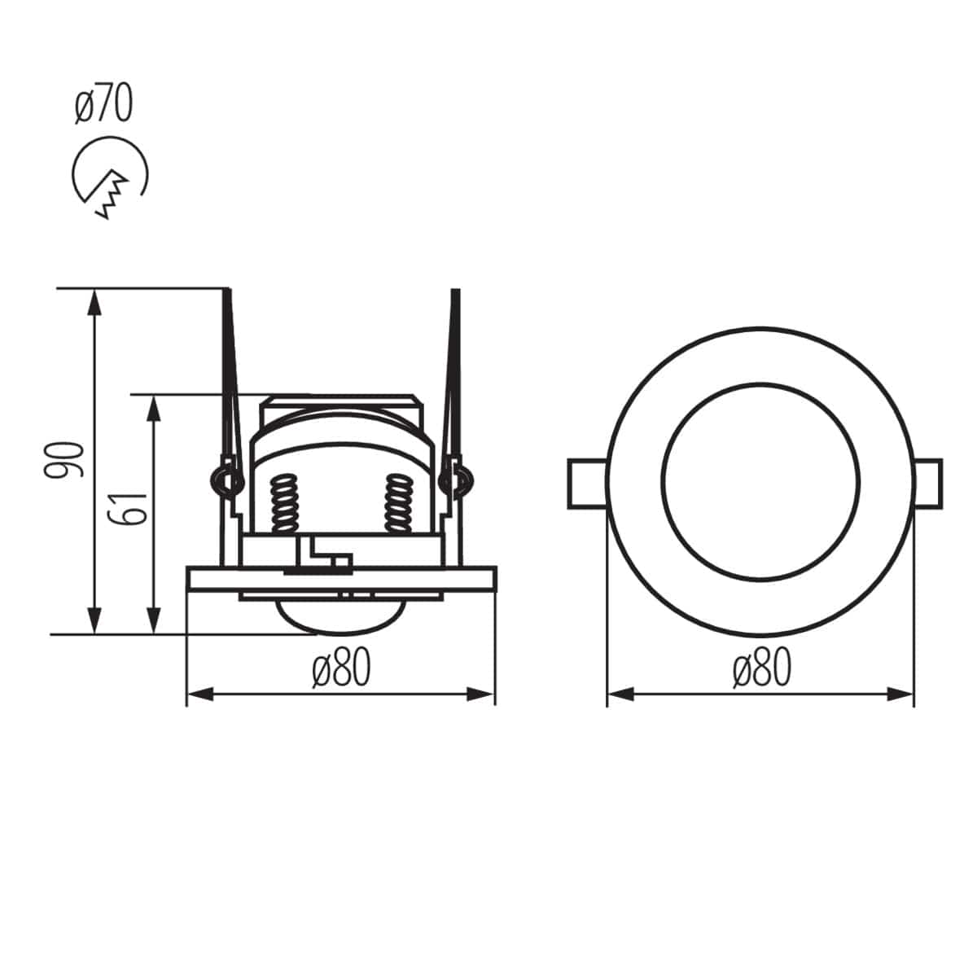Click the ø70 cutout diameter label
pos(103,105)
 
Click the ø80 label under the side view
pos(341,669)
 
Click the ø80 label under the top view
pos(761,669)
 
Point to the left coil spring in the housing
pos(284,502)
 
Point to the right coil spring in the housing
pos(398,502)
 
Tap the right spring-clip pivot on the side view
pos(454,480)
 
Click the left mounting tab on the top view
pos(586,484)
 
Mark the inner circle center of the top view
pos(760,482)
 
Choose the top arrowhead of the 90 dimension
pos(95,300)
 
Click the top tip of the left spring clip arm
pos(227,291)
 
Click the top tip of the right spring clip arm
pos(456,291)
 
